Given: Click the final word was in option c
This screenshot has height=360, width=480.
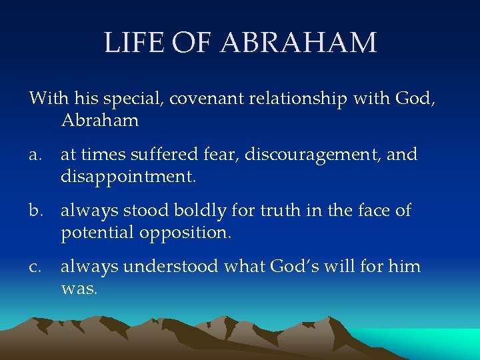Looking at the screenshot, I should (x=79, y=290).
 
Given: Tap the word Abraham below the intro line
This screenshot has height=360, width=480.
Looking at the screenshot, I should (x=100, y=121).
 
